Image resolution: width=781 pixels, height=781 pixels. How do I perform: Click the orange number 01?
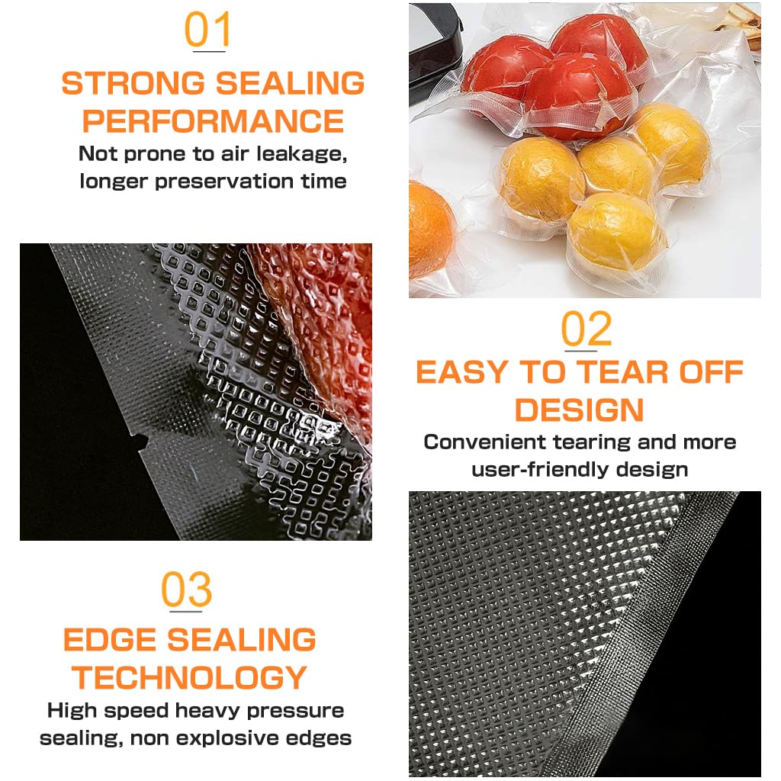pos(207,30)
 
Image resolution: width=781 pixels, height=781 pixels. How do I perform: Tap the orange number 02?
pos(587,329)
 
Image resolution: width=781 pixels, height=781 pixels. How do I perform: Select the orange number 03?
pos(187,590)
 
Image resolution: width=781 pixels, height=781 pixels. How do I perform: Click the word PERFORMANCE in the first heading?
pos(214,121)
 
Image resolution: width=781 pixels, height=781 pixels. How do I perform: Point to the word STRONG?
pos(133,82)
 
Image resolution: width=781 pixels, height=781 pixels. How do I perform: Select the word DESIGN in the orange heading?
pos(580,410)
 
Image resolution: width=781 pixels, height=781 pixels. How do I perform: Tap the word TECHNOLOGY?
pos(189,677)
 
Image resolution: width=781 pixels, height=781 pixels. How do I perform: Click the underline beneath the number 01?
pos(209,51)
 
